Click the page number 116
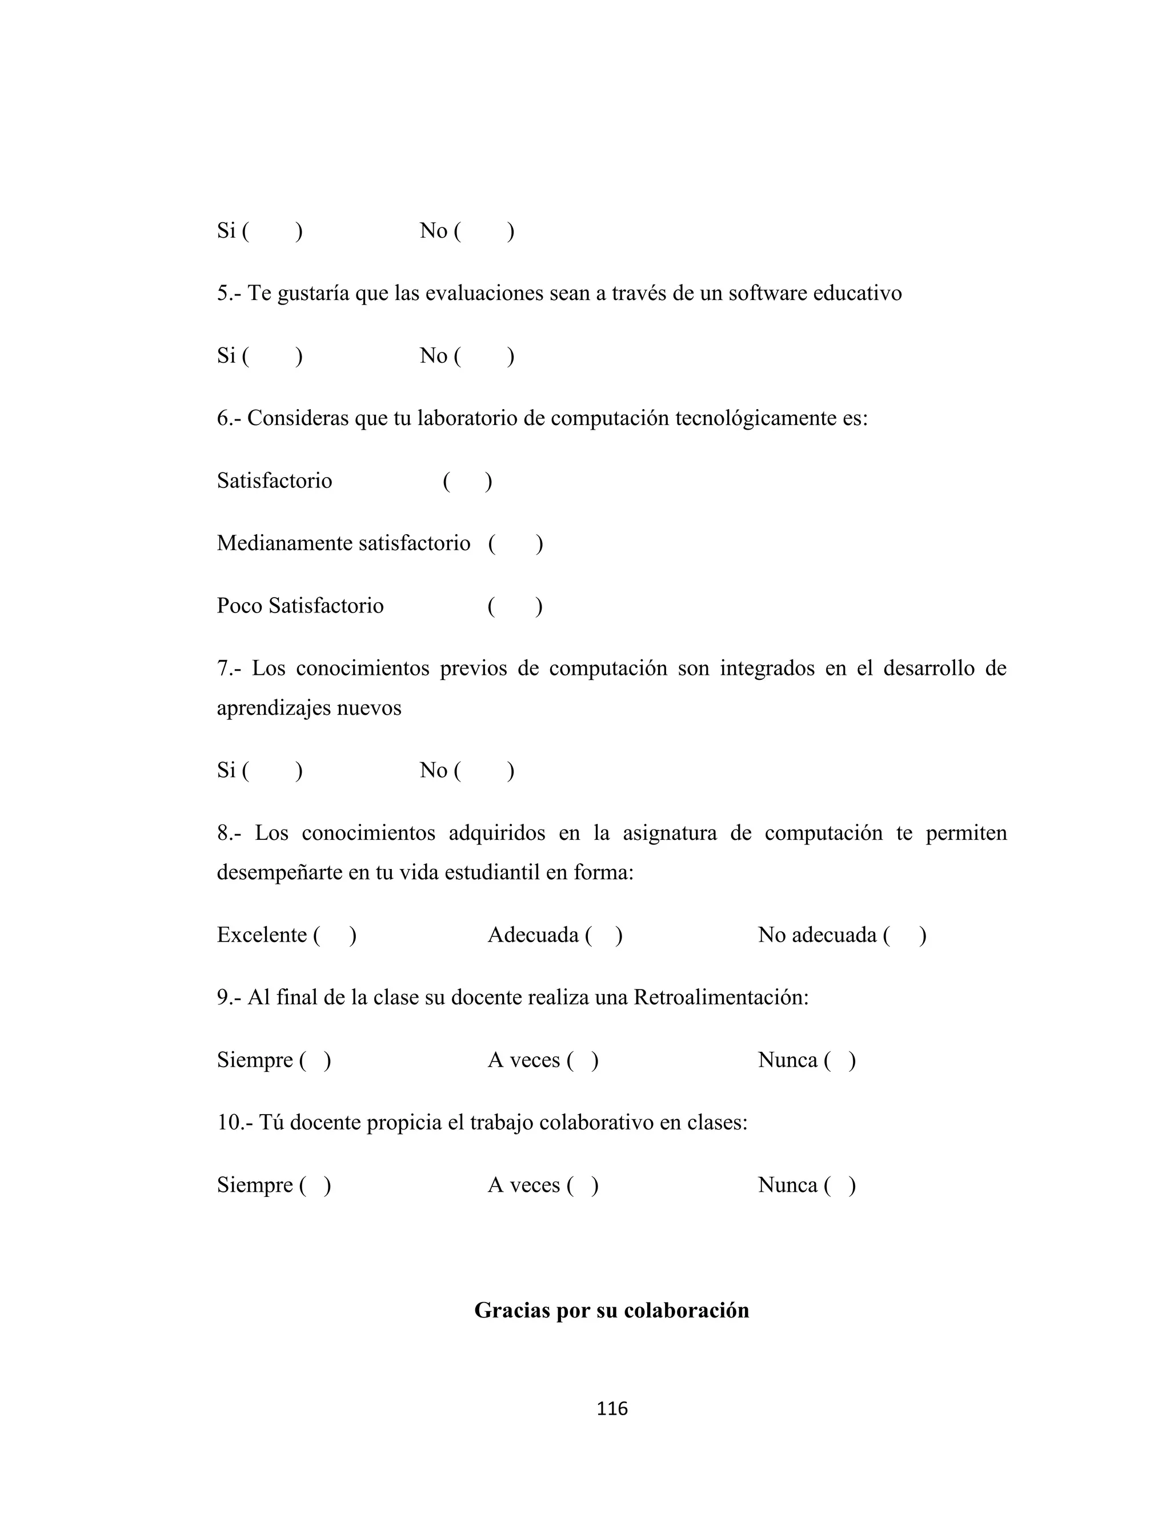[x=612, y=1408]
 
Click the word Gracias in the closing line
[x=511, y=1309]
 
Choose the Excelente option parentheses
[x=335, y=935]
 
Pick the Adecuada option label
[x=533, y=935]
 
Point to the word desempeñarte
[x=279, y=872]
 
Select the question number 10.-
[x=235, y=1122]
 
